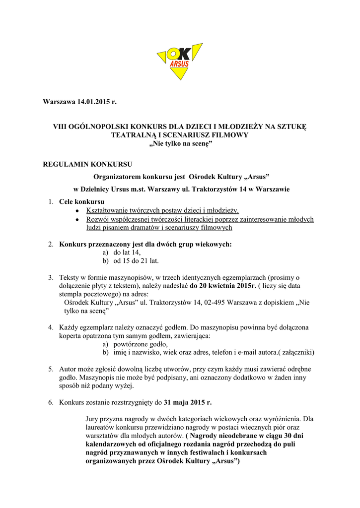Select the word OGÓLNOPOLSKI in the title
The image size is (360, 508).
(x=93, y=127)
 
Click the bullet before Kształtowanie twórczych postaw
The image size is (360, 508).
(x=77, y=211)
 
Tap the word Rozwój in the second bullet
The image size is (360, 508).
(x=97, y=219)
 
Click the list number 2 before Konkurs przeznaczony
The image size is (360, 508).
(x=51, y=244)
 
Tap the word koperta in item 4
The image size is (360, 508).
(x=71, y=336)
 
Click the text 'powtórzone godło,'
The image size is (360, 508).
(x=141, y=344)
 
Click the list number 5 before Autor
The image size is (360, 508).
(x=51, y=370)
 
